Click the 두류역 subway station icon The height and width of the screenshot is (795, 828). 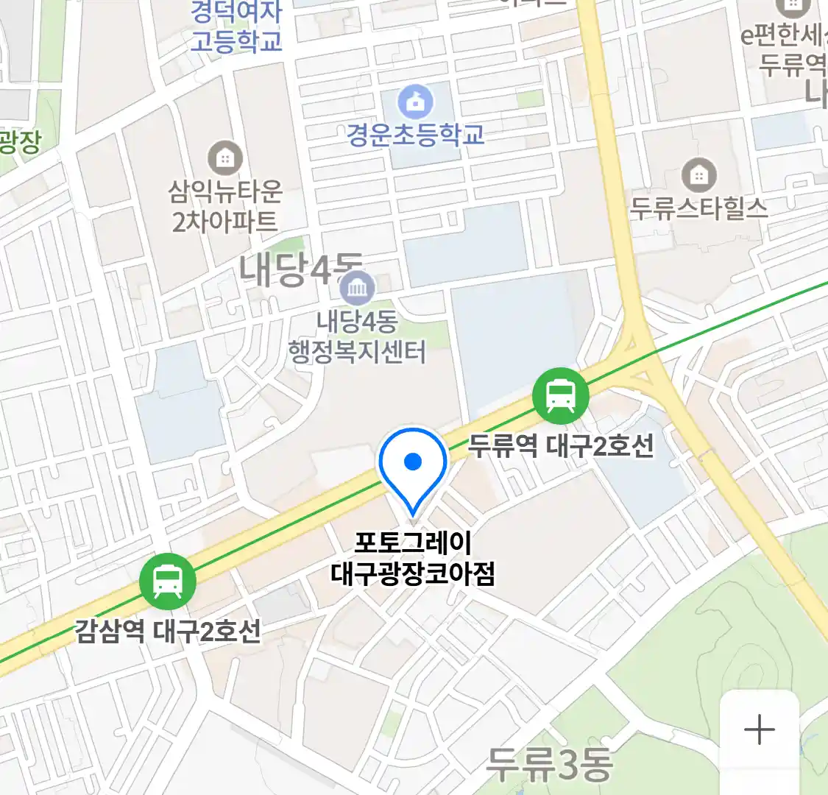[x=561, y=396]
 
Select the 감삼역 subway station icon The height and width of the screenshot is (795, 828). [x=168, y=581]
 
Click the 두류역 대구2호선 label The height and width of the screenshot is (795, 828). [x=561, y=445]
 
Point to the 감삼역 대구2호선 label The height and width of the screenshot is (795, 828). [x=168, y=631]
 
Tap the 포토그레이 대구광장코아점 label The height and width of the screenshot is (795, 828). [x=413, y=558]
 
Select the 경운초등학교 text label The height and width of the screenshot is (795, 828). [x=416, y=135]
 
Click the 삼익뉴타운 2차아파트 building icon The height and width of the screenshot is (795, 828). [x=225, y=158]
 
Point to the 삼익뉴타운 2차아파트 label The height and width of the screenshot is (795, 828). [x=225, y=206]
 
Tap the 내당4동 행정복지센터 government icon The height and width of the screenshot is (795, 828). [x=358, y=288]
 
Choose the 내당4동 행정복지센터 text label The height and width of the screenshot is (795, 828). [x=358, y=337]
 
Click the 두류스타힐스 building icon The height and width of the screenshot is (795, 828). [x=698, y=175]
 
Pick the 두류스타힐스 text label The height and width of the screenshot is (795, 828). [x=698, y=208]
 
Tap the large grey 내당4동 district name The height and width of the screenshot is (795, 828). [x=298, y=269]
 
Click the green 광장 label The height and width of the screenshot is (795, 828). [x=20, y=142]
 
